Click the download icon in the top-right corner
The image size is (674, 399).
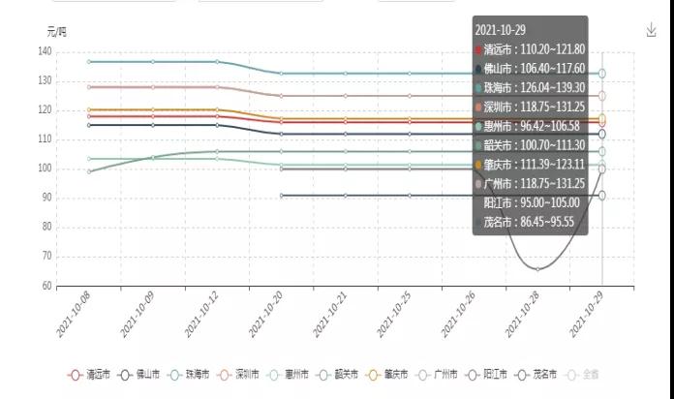tap(652, 30)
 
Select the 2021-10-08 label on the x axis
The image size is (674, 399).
tap(74, 317)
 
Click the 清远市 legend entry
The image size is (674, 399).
tap(91, 374)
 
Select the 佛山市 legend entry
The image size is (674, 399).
tap(142, 374)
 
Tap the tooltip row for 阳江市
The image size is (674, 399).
tap(532, 202)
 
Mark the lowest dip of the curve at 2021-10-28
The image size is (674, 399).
tap(538, 268)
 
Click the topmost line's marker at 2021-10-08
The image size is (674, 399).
tap(88, 62)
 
